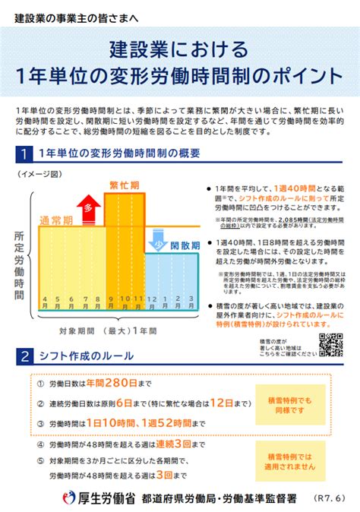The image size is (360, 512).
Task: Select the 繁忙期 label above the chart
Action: [x=124, y=185]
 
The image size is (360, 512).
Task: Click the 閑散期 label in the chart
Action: [x=185, y=246]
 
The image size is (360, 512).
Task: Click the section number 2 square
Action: [x=26, y=356]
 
